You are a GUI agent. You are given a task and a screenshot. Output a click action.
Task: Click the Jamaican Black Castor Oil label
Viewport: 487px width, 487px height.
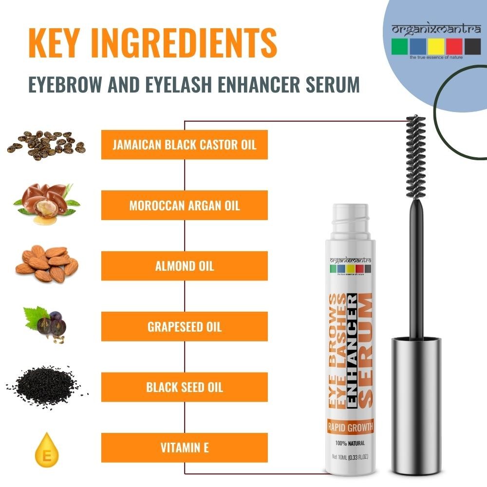coord(185,145)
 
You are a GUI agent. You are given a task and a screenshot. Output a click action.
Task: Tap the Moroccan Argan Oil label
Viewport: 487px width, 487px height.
coord(185,206)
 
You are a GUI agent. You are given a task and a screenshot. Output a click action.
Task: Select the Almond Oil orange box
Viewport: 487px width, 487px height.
coord(185,266)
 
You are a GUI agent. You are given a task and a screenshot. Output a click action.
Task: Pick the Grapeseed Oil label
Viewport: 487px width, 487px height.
coord(185,326)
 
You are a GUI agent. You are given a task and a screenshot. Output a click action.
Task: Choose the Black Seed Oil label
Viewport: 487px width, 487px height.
coord(185,387)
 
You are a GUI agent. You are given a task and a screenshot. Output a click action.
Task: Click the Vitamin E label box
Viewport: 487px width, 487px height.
coord(185,448)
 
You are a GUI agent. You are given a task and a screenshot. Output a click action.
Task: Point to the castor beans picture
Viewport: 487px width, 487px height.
coord(46,145)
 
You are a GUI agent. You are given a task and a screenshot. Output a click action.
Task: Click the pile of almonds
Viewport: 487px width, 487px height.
coord(47,264)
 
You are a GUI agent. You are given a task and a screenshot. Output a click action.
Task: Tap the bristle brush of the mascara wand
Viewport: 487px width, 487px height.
coord(416,157)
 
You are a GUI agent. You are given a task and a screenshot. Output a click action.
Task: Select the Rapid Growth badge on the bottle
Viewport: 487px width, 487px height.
coord(350,428)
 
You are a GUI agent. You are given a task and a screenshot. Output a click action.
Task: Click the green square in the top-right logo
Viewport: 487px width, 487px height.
coord(399,46)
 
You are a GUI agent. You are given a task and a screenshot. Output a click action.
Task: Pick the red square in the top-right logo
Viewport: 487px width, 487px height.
coord(454,46)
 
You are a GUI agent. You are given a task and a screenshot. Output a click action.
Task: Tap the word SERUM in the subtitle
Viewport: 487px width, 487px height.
coord(333,84)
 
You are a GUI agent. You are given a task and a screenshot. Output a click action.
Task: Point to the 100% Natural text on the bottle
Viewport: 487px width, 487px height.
coord(350,443)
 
